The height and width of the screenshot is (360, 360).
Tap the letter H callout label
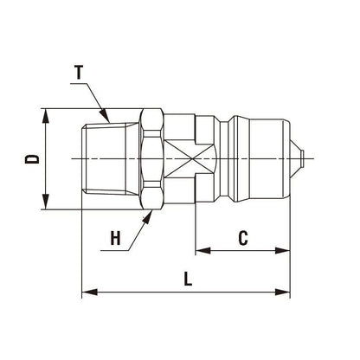coord(116,240)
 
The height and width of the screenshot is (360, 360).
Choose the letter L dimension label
coord(189,280)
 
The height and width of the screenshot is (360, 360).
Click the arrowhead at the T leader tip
coord(108,117)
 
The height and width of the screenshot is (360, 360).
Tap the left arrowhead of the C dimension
coord(201,251)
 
